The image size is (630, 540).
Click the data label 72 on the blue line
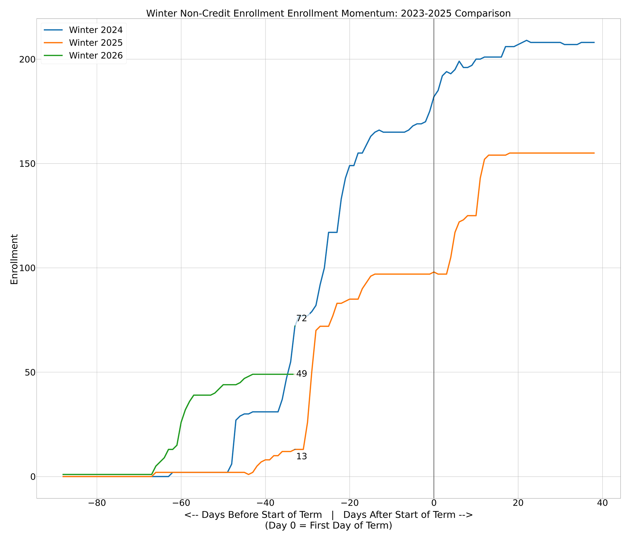tap(301, 319)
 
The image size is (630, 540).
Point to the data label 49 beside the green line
tap(301, 374)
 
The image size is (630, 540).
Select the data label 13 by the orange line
tap(301, 457)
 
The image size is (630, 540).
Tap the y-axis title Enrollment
tap(14, 259)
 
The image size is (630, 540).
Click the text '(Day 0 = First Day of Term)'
tap(328, 526)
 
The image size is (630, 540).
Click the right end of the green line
tap(293, 374)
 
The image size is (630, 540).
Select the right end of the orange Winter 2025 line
tap(594, 153)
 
